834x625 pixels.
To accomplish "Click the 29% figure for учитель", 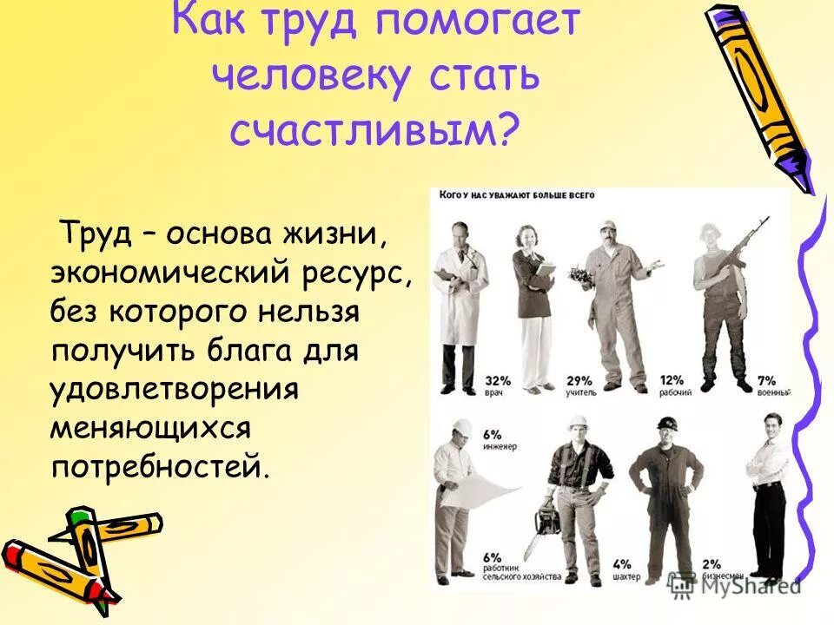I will point(555,380).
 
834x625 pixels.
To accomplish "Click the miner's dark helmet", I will point(666,423).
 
